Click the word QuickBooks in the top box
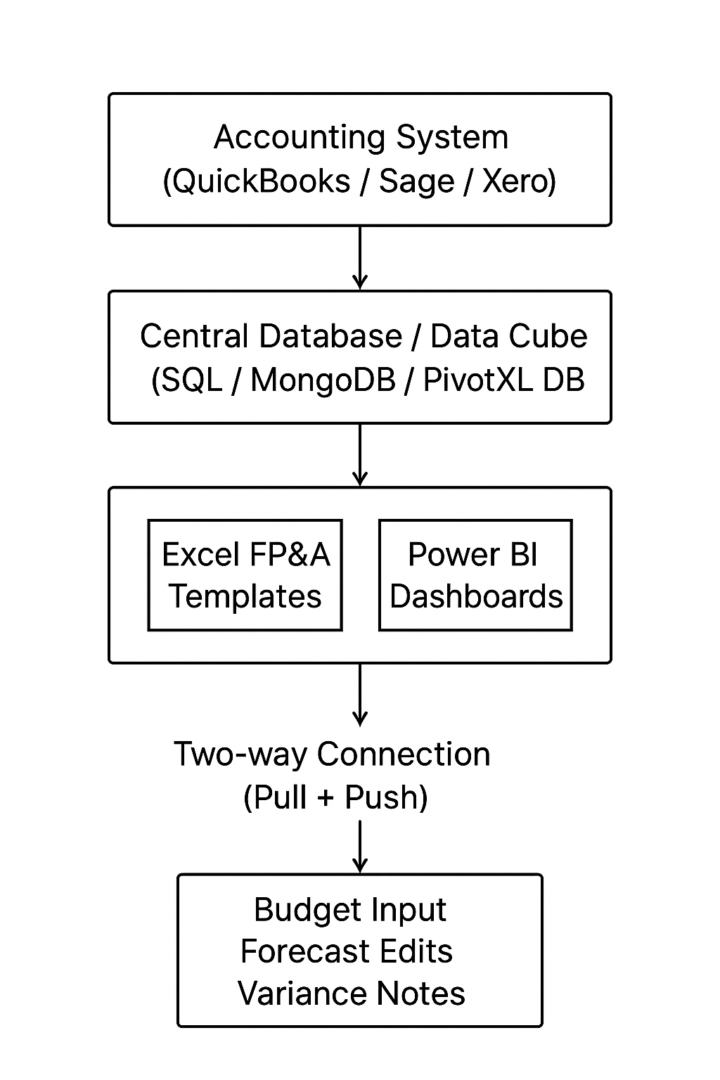pos(260,181)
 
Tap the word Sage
pos(416,181)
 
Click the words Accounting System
pos(361,137)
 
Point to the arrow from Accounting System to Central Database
pos(360,257)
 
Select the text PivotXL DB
pos(504,380)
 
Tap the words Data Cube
pos(508,336)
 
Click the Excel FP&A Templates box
pos(245,575)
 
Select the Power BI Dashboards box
pos(475,575)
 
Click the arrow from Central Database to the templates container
pos(360,454)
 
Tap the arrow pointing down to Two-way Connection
pos(360,694)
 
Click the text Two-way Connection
pos(332,754)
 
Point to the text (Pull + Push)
pos(335,797)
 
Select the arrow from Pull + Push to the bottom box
pos(360,847)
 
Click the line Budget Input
pos(350,910)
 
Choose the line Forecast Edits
pos(347,951)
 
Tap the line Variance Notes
pos(352,994)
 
